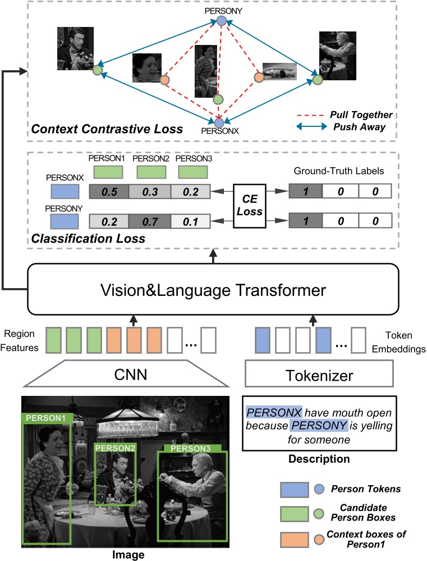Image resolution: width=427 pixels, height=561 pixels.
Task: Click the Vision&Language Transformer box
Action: tap(213, 290)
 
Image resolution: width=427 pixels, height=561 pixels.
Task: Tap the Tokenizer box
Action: tap(319, 375)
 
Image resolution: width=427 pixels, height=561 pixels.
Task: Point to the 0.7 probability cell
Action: tap(150, 222)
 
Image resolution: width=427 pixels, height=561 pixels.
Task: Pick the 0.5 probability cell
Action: tap(109, 193)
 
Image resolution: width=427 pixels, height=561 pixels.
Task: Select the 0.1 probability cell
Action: tap(190, 222)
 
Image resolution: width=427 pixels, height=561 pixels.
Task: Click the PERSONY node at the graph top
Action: tap(222, 21)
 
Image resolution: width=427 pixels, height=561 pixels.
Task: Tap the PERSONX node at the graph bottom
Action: tap(219, 122)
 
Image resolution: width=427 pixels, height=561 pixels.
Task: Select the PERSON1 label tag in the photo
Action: tap(45, 418)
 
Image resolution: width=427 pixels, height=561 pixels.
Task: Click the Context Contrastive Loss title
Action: tap(107, 129)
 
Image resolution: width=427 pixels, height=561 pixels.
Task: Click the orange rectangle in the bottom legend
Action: tap(293, 537)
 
